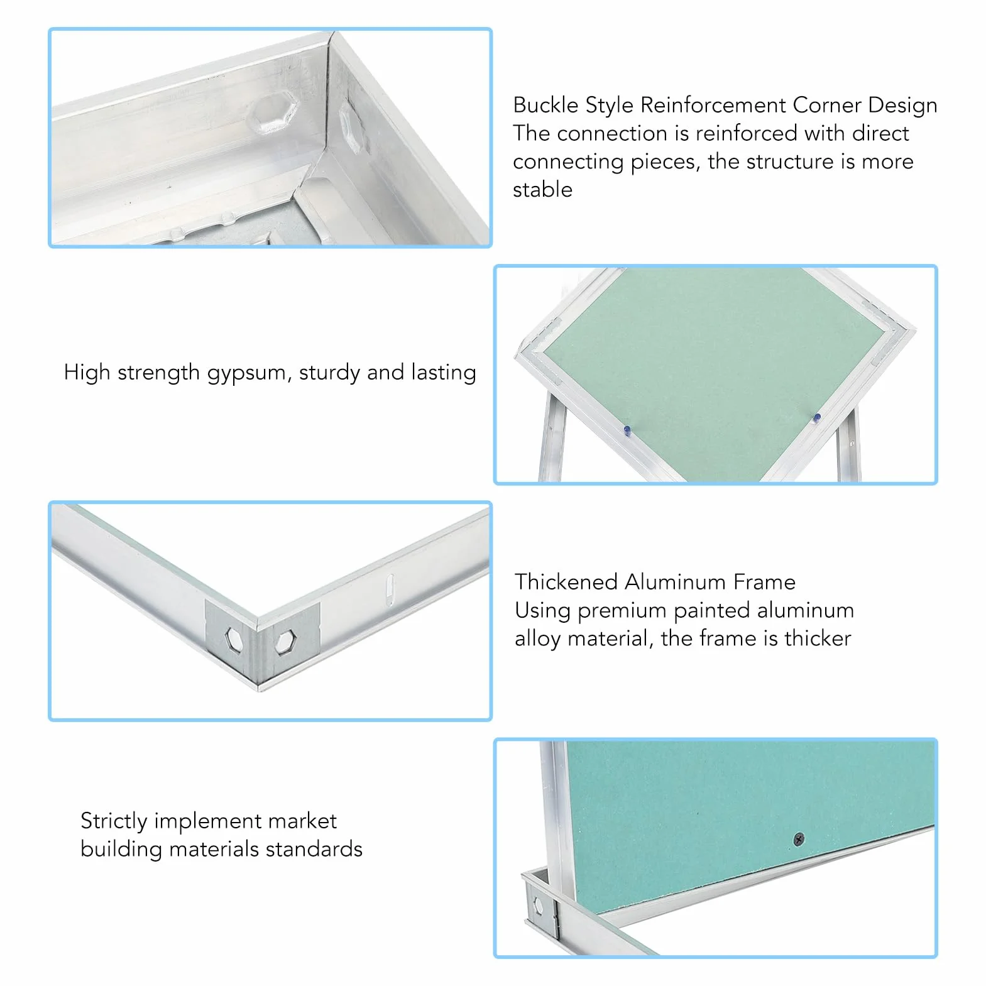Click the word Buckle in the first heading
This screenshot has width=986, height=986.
point(545,105)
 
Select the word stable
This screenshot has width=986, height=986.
point(542,190)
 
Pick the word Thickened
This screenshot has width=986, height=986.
point(566,582)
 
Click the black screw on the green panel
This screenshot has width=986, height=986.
point(799,839)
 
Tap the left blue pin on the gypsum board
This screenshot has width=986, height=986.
point(627,430)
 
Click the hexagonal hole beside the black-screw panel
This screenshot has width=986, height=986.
point(539,906)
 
